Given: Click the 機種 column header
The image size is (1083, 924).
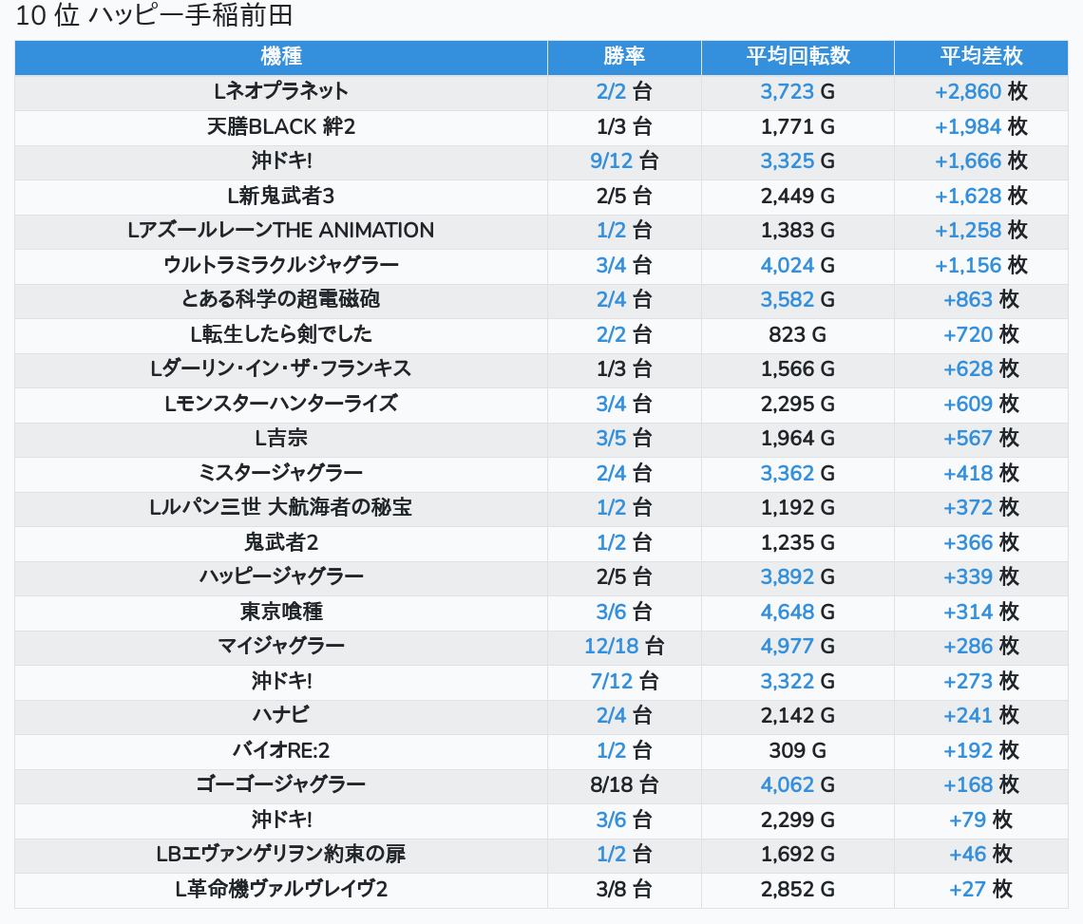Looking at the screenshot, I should pos(281,56).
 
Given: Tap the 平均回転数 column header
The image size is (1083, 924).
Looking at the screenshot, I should pos(797,56).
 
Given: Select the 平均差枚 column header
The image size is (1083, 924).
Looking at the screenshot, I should pos(980,56).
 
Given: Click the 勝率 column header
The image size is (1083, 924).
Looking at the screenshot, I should pos(624,56).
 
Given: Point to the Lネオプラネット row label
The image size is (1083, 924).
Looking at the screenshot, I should pos(281,91).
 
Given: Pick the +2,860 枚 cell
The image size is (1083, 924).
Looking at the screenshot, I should pos(980,92).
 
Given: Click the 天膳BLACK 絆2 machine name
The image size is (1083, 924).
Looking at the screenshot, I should pos(281,126).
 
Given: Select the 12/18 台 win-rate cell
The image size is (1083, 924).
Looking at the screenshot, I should pos(624,647).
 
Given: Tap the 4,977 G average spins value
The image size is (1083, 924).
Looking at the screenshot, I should pos(797,647).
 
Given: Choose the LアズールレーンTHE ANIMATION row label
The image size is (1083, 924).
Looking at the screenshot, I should pos(281,230).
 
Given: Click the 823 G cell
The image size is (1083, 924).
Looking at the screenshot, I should pos(797,334).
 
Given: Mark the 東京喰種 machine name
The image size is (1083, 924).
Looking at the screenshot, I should pos(281,612).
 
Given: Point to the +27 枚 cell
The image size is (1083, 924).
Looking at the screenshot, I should pos(980,890).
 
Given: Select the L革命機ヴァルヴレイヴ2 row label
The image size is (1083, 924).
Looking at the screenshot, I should pos(281,890).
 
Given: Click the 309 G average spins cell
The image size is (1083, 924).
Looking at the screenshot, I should pos(797,751).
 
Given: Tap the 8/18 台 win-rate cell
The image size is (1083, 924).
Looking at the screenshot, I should pos(624,785).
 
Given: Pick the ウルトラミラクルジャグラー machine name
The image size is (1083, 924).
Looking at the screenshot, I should pos(281,265).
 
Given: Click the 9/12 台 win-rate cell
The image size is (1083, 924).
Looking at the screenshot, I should pos(624,160).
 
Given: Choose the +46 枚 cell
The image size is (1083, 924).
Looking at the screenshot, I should pos(980,855).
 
